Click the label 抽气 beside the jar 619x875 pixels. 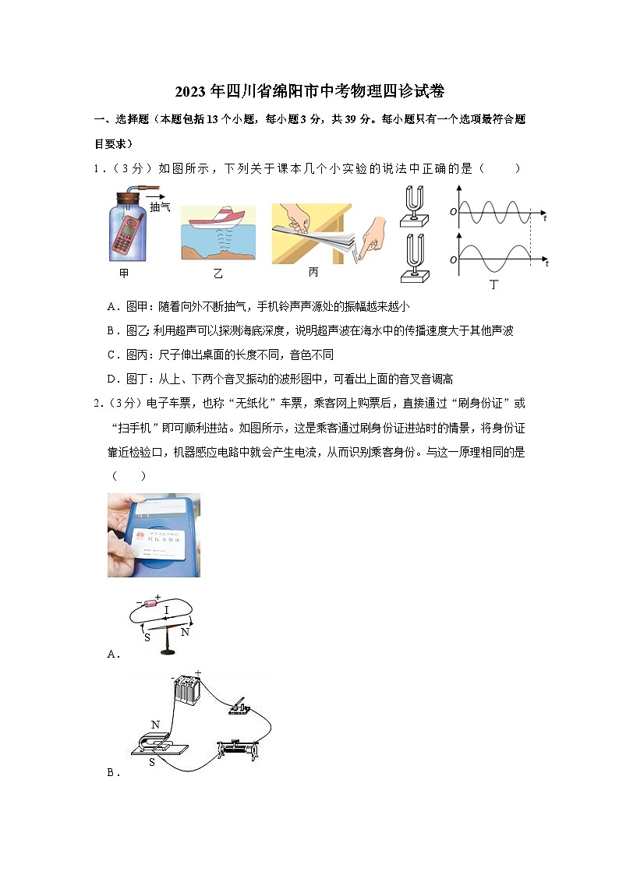[x=160, y=207]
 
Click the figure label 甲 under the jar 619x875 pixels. [x=124, y=273]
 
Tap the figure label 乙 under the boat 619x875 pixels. [x=218, y=274]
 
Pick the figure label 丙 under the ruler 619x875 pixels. [x=313, y=272]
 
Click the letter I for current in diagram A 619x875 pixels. [x=167, y=610]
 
